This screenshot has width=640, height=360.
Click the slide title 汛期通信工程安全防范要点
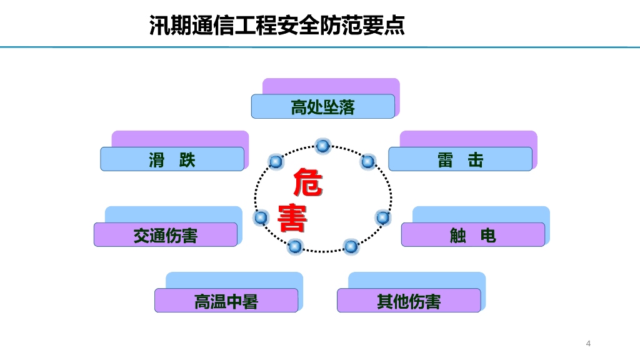tap(277, 25)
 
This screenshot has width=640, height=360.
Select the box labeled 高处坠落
tap(322, 107)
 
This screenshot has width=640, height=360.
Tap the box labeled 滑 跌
tap(172, 159)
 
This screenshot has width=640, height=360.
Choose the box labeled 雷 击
tap(460, 159)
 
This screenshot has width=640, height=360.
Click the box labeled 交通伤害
tap(166, 235)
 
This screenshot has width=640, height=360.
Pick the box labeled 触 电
tap(472, 235)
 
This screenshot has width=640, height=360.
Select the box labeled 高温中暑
tap(226, 301)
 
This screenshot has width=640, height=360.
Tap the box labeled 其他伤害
tap(409, 301)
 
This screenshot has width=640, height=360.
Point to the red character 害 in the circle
tap(292, 217)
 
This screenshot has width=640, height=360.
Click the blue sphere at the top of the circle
tap(322, 146)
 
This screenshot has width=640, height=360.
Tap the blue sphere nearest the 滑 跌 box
tap(276, 162)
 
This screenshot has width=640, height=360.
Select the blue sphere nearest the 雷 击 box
tap(368, 162)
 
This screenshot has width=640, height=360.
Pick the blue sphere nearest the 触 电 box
tap(382, 217)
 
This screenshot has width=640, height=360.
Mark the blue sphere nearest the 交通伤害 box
tap(261, 217)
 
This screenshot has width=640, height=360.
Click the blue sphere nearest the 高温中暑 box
tap(294, 247)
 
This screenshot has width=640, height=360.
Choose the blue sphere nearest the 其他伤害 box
tap(351, 247)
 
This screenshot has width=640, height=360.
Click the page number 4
tap(588, 343)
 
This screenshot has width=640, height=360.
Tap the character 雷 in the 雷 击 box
tap(445, 160)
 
